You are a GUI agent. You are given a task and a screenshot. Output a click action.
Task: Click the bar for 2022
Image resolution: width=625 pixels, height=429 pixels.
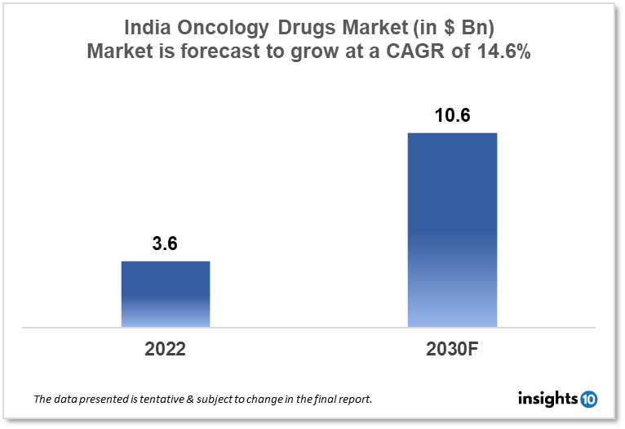click(x=166, y=294)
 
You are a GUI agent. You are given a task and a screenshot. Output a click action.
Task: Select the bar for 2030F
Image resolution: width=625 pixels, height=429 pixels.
click(x=452, y=230)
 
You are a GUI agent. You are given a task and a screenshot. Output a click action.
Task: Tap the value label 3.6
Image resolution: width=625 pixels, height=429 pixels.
click(x=165, y=244)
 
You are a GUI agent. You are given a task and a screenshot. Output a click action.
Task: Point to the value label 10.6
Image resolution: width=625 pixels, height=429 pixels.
click(x=452, y=116)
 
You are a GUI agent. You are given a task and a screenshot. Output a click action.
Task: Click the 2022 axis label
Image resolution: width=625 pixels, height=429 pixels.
click(x=166, y=349)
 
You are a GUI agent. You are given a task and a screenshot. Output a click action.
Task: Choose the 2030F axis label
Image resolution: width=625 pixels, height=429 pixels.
click(x=452, y=349)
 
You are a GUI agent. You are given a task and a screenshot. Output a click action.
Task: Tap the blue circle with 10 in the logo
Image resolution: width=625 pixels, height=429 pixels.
click(x=588, y=399)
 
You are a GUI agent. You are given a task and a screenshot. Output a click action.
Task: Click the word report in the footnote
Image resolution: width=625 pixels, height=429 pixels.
click(x=355, y=400)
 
